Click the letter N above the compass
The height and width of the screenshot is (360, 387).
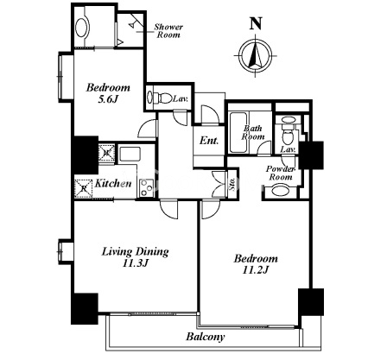256,23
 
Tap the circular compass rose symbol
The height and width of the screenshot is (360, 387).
256,55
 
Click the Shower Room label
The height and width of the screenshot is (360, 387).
168,31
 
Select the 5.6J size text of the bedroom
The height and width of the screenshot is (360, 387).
108,99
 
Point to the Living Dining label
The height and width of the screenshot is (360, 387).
135,251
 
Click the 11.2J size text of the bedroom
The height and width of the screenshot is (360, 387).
256,270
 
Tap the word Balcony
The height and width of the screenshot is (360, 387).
205,337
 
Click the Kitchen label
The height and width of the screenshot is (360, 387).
113,183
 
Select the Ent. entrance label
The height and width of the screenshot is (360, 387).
209,141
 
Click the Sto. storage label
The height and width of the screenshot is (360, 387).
232,183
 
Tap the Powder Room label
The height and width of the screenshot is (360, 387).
280,173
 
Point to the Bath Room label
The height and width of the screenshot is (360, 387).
253,132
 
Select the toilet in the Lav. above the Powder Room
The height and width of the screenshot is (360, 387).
289,134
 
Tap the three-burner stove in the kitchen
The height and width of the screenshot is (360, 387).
147,187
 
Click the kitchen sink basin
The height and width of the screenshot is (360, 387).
130,154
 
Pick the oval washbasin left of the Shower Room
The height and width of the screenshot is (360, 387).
81,28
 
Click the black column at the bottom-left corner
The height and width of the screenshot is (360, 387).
85,308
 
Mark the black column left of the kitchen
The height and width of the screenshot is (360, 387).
85,155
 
